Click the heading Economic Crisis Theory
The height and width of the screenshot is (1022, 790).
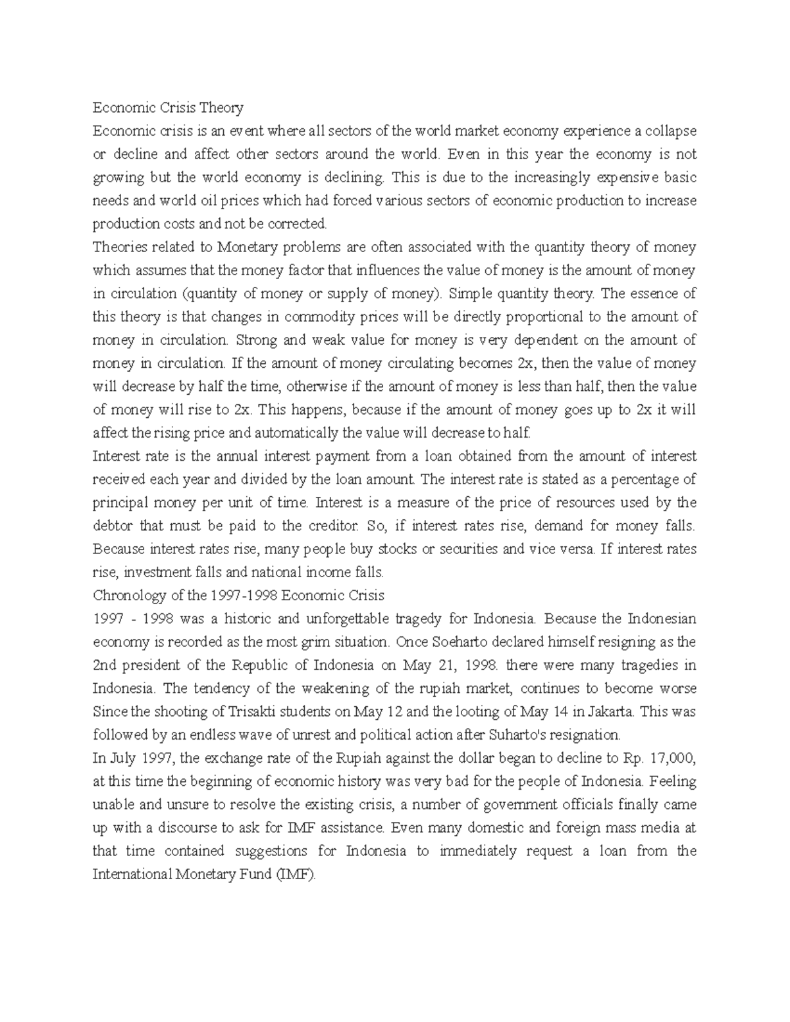[168, 108]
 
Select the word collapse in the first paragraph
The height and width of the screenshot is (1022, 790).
[670, 131]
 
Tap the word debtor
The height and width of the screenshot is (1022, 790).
[111, 526]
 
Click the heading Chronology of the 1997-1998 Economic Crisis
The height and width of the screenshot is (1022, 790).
[238, 596]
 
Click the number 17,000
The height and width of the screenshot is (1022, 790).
[671, 758]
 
